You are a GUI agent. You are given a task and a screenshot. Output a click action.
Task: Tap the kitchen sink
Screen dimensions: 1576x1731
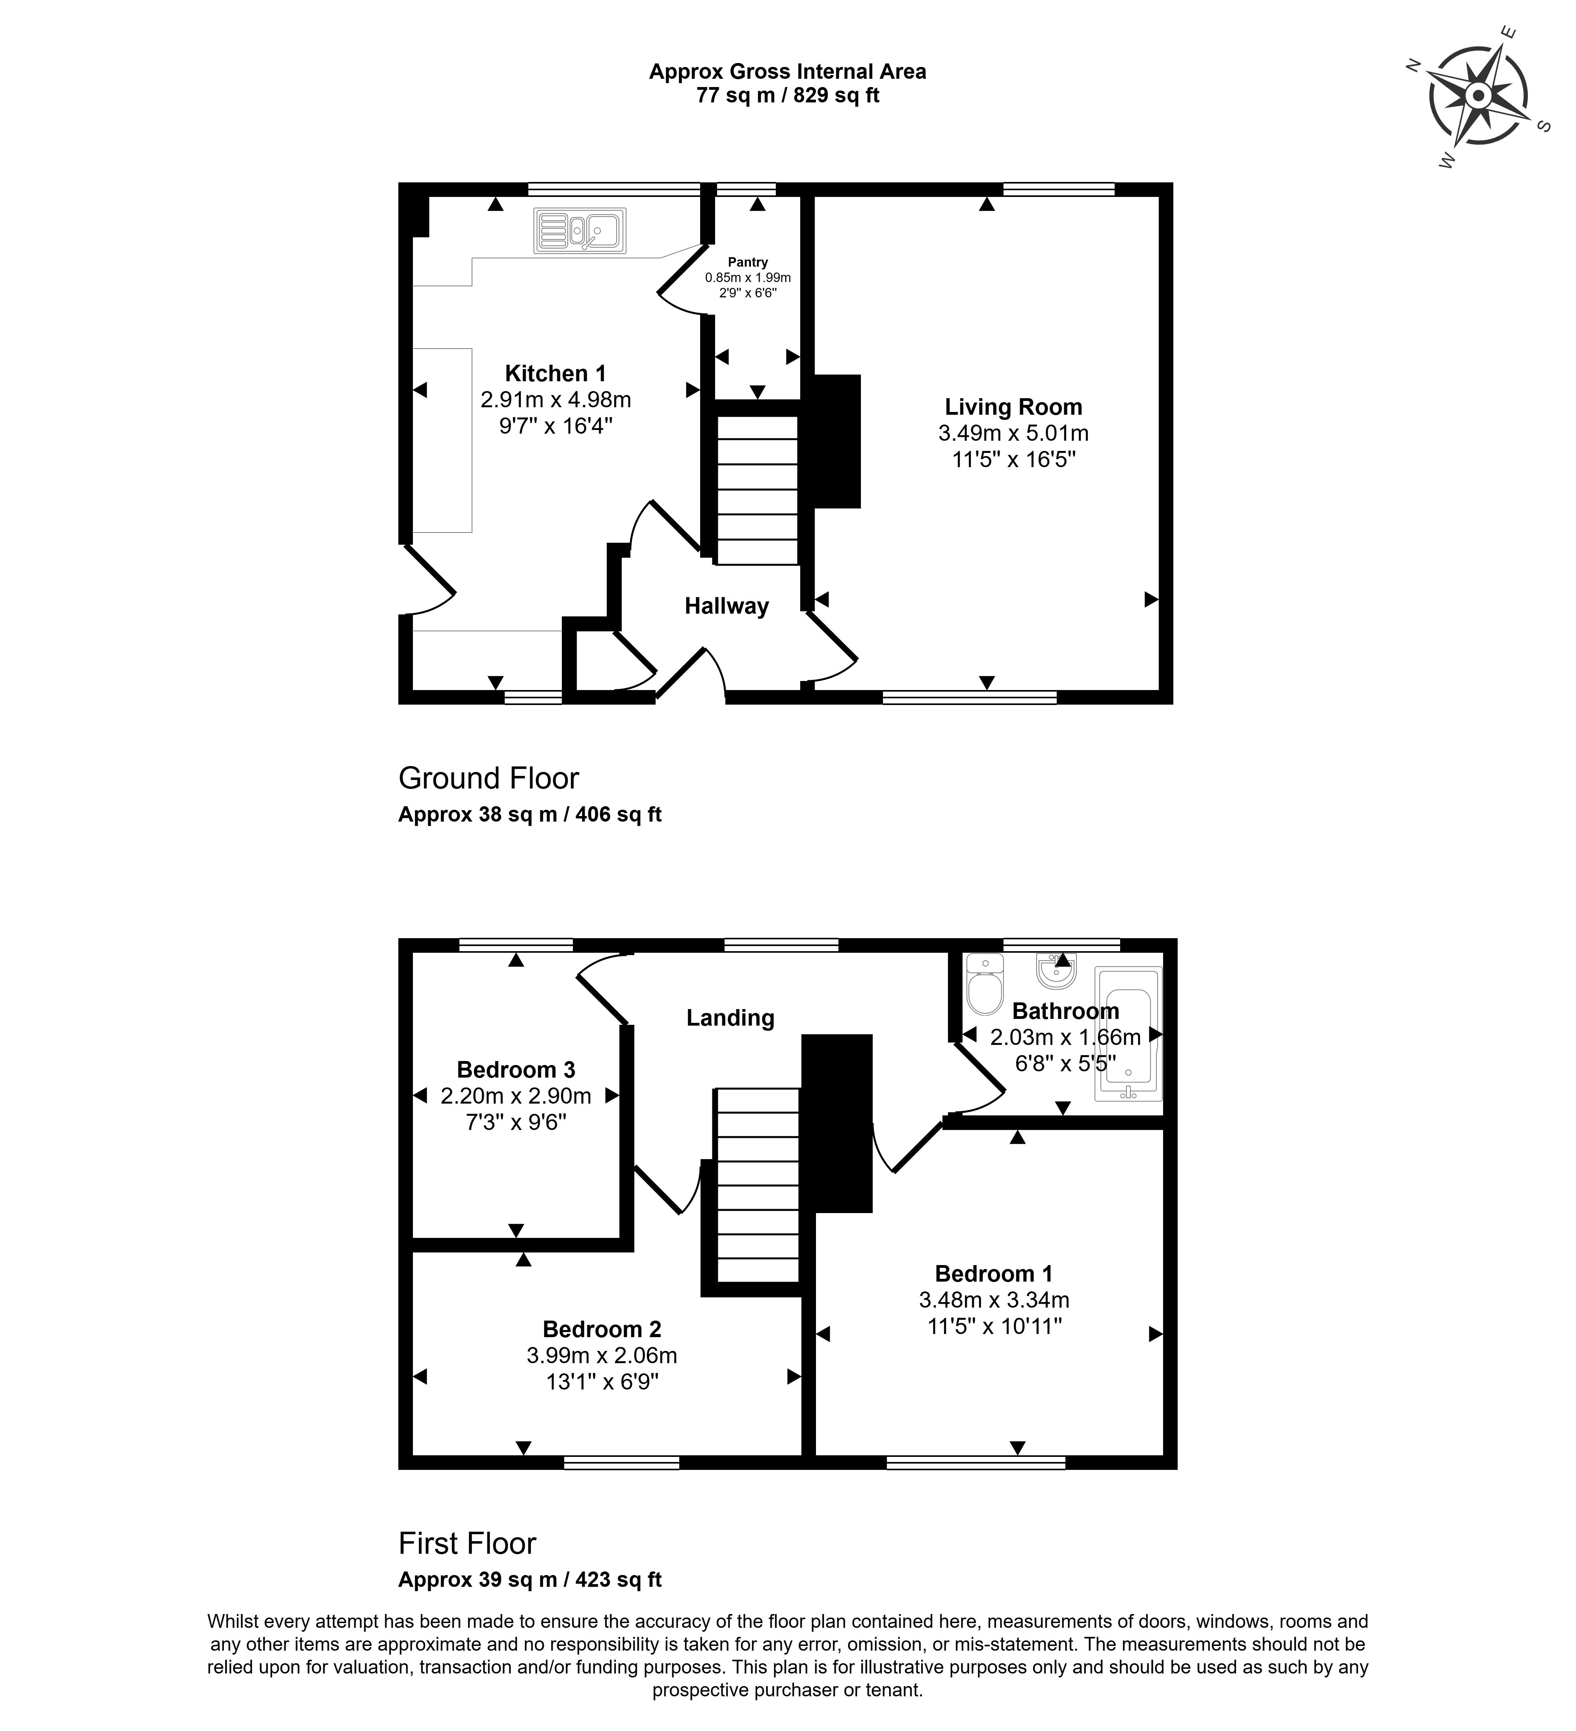[x=580, y=230]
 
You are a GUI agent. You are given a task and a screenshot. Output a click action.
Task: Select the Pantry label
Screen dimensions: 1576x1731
[x=748, y=262]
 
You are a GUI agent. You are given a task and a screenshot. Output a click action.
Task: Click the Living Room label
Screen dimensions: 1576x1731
[x=1013, y=407]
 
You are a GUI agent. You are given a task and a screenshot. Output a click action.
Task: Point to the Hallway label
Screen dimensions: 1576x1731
[x=727, y=606]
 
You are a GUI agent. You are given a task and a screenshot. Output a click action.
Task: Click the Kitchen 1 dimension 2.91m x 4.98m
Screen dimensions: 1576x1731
[x=556, y=399]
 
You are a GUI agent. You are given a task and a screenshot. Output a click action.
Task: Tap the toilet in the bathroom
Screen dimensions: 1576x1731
[x=984, y=984]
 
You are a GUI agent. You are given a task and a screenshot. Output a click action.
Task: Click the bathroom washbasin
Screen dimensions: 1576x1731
[x=1056, y=970]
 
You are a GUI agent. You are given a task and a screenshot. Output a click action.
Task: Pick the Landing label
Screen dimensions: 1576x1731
[x=730, y=1017]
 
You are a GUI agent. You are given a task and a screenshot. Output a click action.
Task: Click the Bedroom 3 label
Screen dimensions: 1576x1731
[x=516, y=1070]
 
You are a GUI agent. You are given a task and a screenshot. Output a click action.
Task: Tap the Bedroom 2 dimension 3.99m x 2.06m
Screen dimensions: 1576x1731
[x=602, y=1356]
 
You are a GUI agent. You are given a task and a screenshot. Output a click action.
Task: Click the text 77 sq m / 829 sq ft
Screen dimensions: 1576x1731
[x=788, y=95]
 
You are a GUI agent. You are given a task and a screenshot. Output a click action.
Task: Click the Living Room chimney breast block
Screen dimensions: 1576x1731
[x=836, y=442]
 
